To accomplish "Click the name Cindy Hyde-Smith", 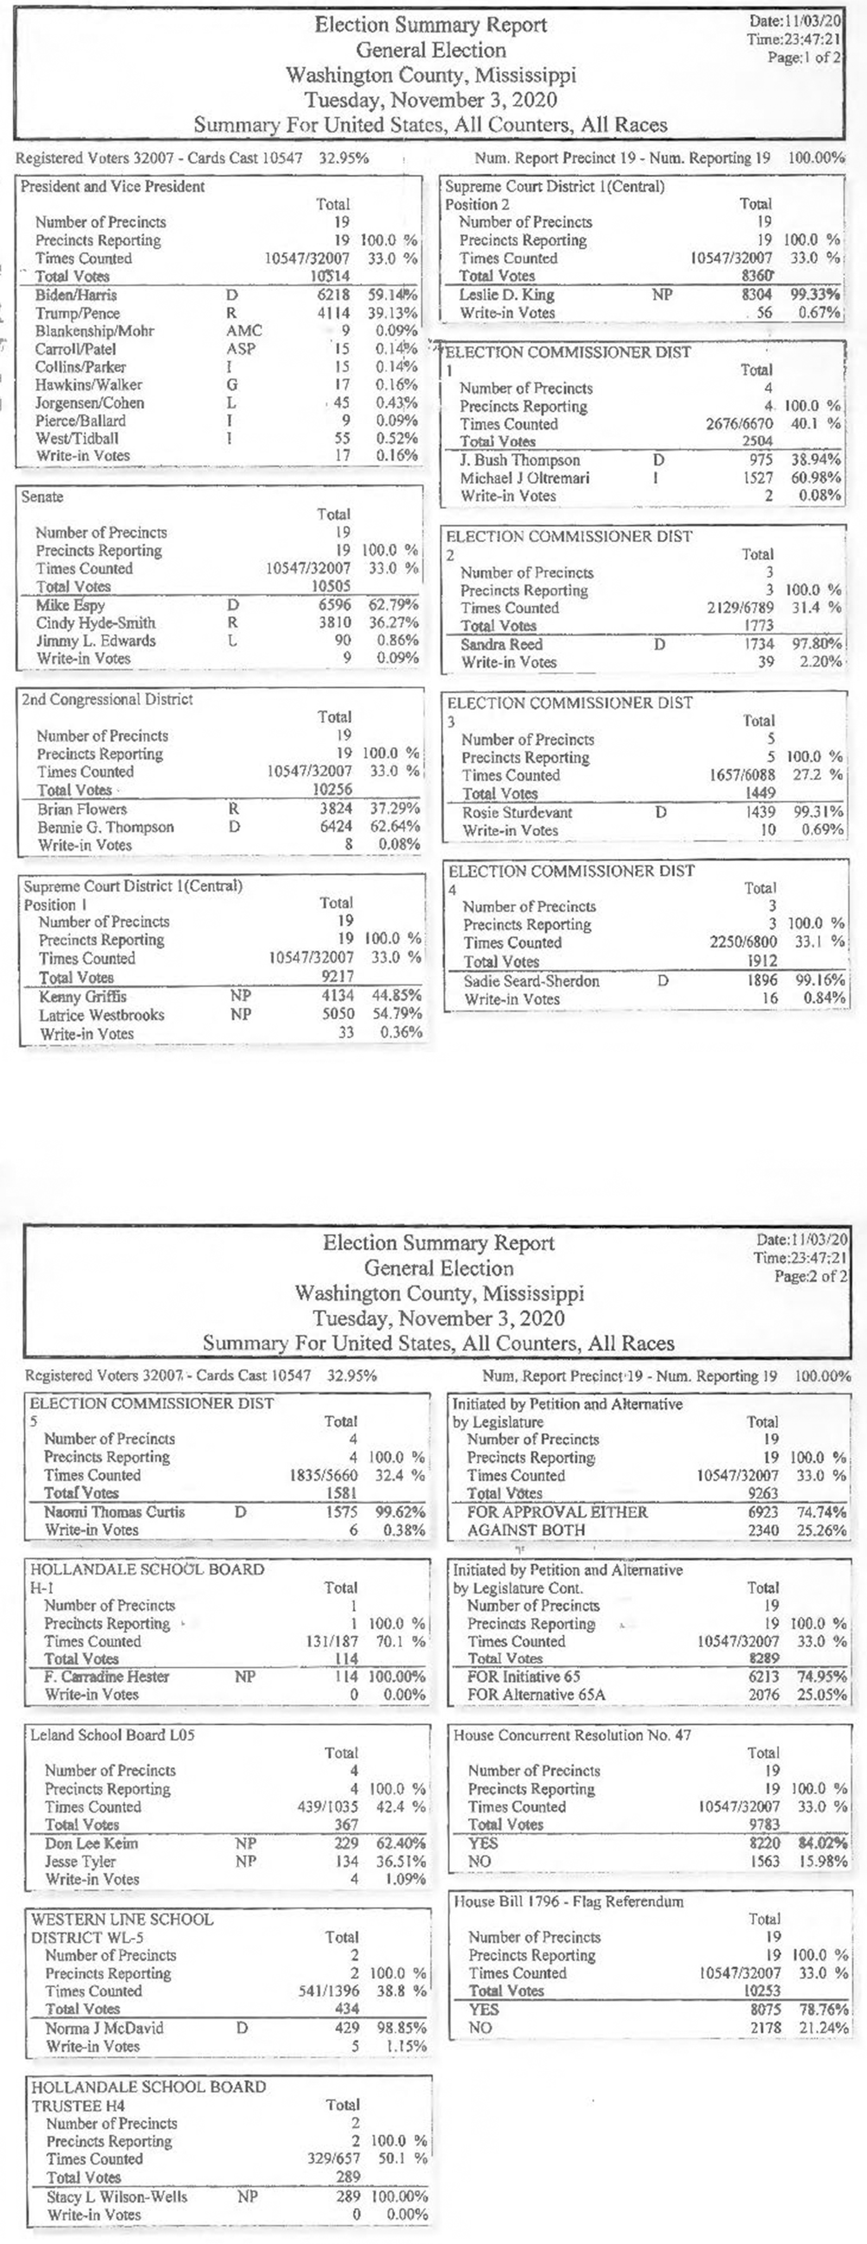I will pos(96,623).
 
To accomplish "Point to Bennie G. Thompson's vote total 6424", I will pos(336,827).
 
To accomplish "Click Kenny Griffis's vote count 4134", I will pos(338,996).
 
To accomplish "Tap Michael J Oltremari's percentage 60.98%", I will pos(820,477).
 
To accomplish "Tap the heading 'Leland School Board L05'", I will pos(113,1734).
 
